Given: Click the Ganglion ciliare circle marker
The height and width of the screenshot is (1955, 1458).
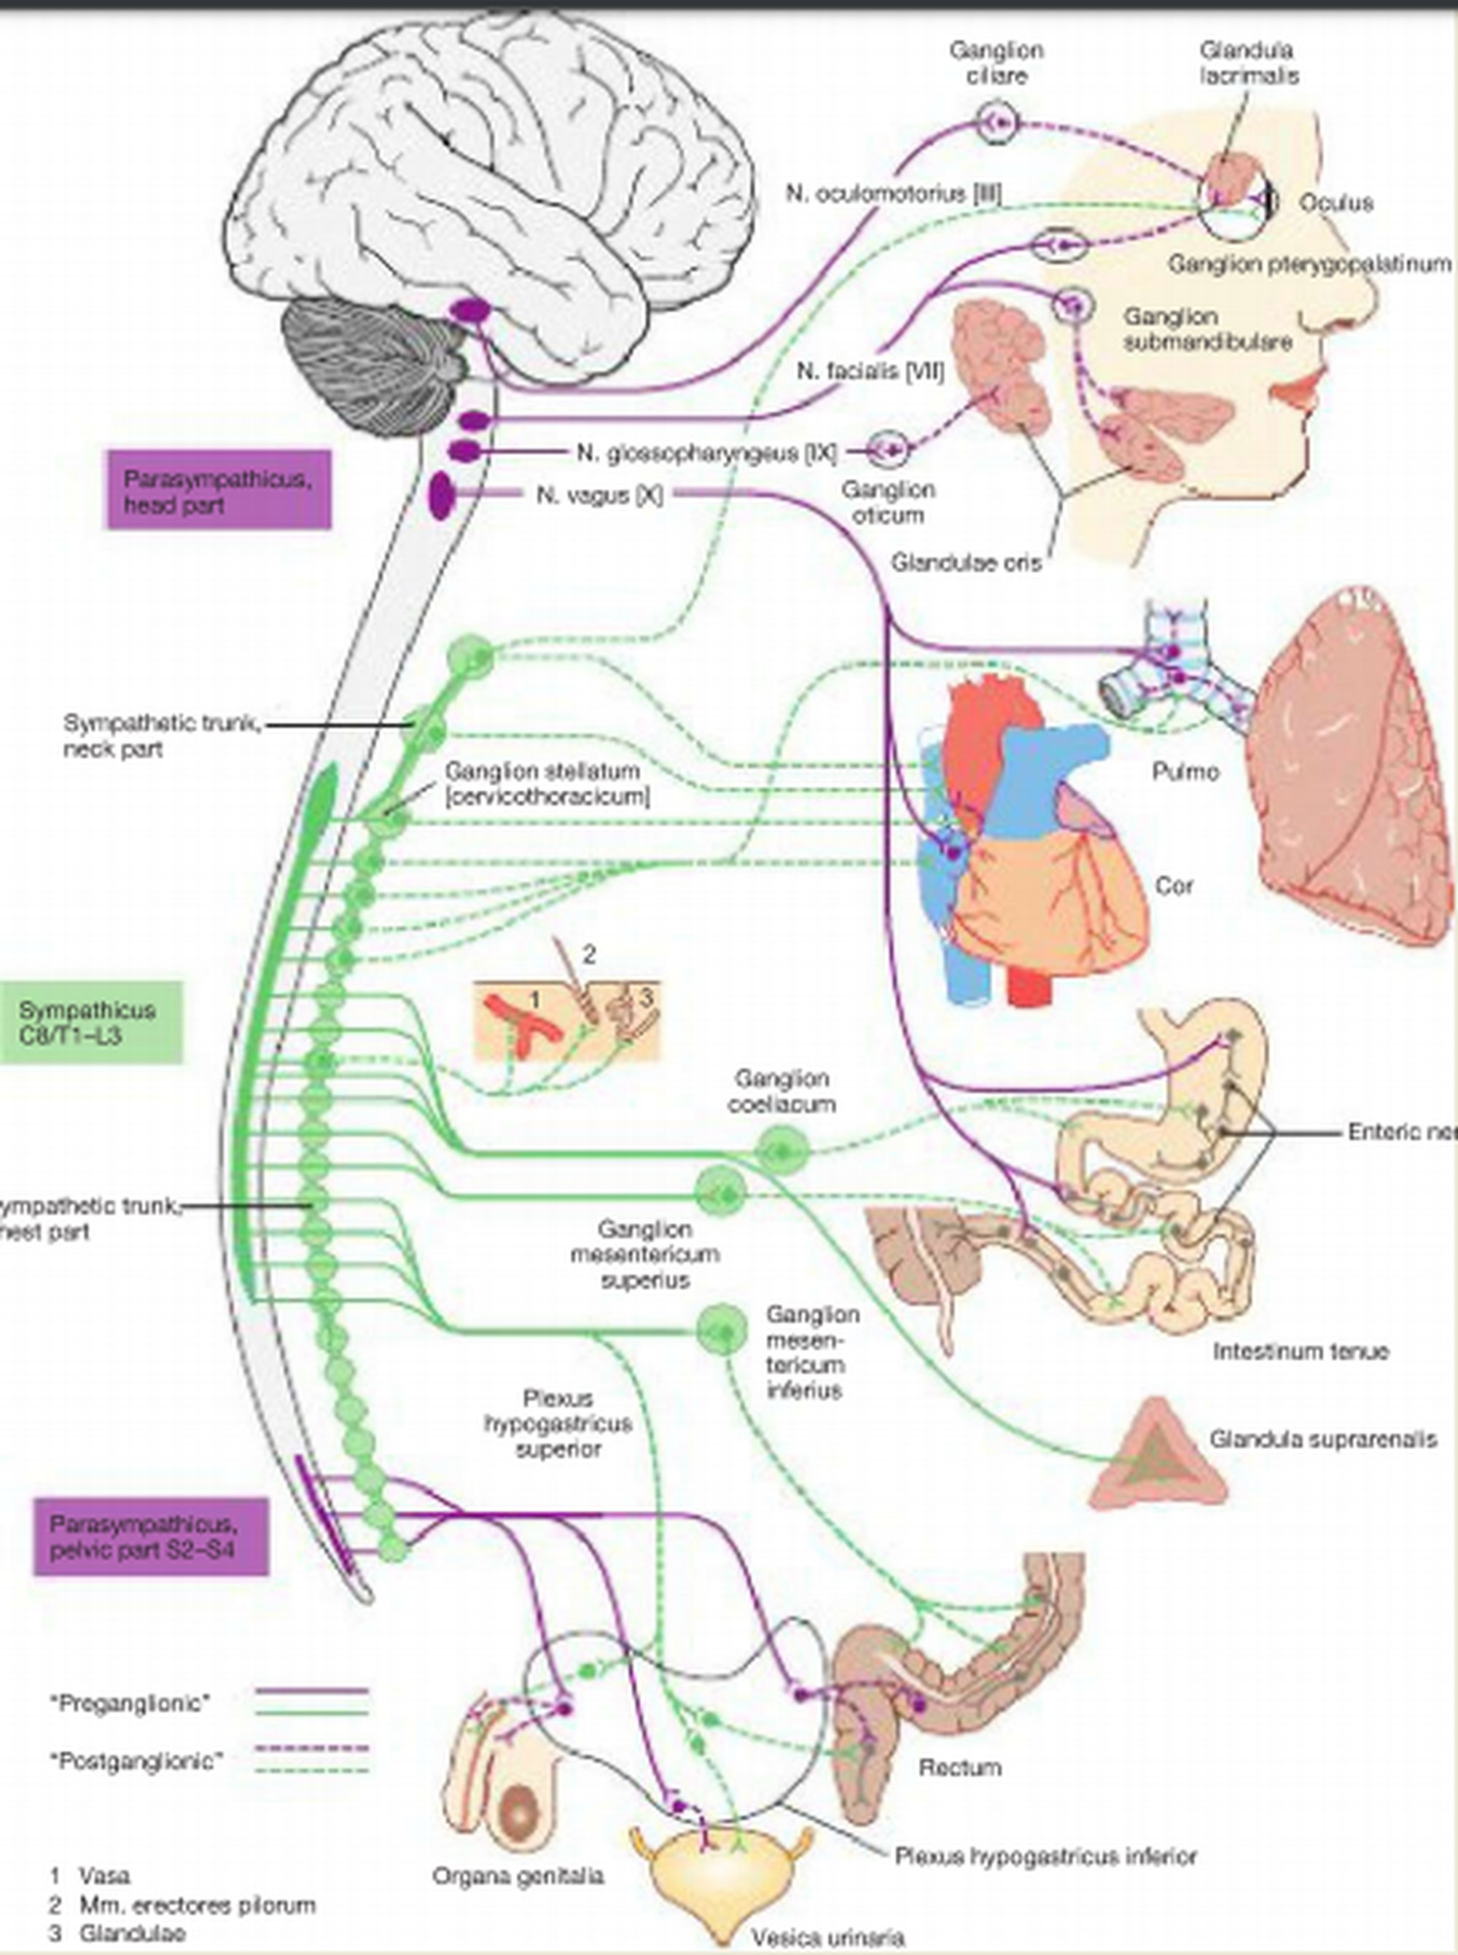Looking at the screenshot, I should pyautogui.click(x=997, y=123).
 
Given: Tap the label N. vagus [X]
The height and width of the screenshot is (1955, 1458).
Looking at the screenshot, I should pyautogui.click(x=599, y=495).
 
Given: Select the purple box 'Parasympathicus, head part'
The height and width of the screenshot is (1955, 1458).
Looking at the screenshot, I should pyautogui.click(x=219, y=491).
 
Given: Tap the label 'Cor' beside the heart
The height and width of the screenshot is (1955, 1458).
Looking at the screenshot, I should pyautogui.click(x=1174, y=886).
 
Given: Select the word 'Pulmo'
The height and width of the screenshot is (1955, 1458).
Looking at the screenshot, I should pyautogui.click(x=1185, y=772).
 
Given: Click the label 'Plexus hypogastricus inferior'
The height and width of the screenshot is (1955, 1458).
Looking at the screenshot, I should pyautogui.click(x=1046, y=1856).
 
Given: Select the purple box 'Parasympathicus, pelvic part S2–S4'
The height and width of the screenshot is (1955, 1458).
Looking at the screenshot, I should pyautogui.click(x=151, y=1536).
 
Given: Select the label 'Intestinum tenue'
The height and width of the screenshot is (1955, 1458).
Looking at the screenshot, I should pyautogui.click(x=1300, y=1351).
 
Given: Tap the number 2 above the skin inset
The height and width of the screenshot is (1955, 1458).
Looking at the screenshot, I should pyautogui.click(x=589, y=953).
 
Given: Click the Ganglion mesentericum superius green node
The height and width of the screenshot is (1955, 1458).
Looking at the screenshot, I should pyautogui.click(x=720, y=1194).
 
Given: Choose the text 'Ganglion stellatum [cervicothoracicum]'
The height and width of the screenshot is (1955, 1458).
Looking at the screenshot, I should pyautogui.click(x=547, y=784).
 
